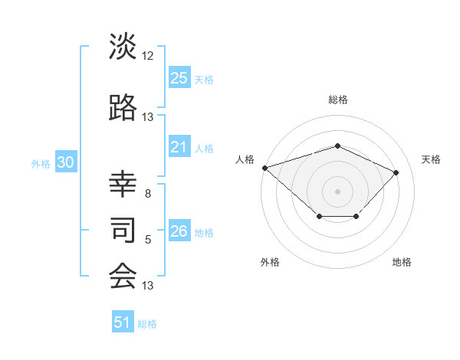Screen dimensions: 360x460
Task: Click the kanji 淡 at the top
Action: pyautogui.click(x=123, y=47)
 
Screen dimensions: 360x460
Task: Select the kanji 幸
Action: pyautogui.click(x=123, y=183)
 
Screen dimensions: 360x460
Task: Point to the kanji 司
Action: pyautogui.click(x=123, y=229)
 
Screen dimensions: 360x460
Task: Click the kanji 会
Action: pyautogui.click(x=123, y=276)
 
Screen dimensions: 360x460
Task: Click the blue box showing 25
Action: pyautogui.click(x=179, y=78)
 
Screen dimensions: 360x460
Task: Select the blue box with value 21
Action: pyautogui.click(x=179, y=148)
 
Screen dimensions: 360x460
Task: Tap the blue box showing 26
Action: pyautogui.click(x=179, y=232)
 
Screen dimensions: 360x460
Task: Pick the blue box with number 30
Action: pyautogui.click(x=65, y=163)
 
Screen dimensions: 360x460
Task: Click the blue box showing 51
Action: pyautogui.click(x=123, y=323)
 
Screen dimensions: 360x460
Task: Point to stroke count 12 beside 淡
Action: pyautogui.click(x=148, y=56)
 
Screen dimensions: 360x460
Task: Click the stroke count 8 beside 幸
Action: pyautogui.click(x=148, y=194)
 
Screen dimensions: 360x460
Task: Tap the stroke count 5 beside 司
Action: pyautogui.click(x=148, y=240)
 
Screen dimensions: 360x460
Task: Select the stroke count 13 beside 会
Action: pyautogui.click(x=148, y=286)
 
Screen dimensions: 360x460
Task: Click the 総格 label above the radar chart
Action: pyautogui.click(x=337, y=100)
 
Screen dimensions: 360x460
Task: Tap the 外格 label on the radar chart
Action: pyautogui.click(x=270, y=262)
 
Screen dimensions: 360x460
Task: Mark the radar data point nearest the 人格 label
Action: pyautogui.click(x=264, y=168)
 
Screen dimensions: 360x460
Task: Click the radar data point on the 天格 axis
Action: pyautogui.click(x=396, y=172)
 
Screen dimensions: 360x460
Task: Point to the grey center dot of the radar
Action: pyautogui.click(x=337, y=191)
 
